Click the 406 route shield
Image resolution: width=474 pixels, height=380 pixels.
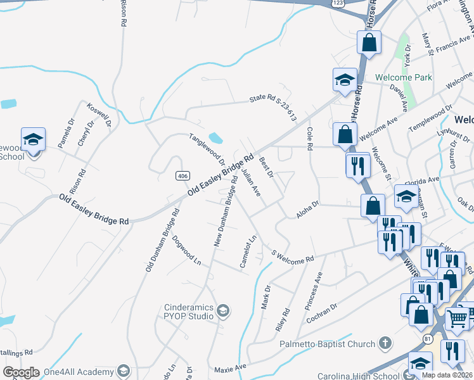pyautogui.click(x=183, y=175)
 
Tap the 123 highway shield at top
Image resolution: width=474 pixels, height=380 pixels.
pyautogui.click(x=338, y=3)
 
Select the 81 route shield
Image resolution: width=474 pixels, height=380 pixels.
pyautogui.click(x=428, y=339)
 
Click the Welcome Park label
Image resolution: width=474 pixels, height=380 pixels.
pyautogui.click(x=404, y=77)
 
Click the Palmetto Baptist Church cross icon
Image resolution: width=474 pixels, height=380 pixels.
pyautogui.click(x=384, y=344)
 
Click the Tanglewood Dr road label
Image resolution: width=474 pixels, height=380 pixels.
pyautogui.click(x=207, y=149)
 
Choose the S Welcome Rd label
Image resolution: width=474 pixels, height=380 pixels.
pyautogui.click(x=293, y=255)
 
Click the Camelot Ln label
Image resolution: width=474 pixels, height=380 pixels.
pyautogui.click(x=247, y=251)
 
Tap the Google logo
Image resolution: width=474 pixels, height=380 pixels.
pyautogui.click(x=21, y=372)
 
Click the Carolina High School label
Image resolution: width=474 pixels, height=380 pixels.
pyautogui.click(x=359, y=376)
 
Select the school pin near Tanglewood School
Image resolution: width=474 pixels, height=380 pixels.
pyautogui.click(x=33, y=140)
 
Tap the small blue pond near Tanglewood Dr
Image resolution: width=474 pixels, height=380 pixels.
pyautogui.click(x=215, y=137)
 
